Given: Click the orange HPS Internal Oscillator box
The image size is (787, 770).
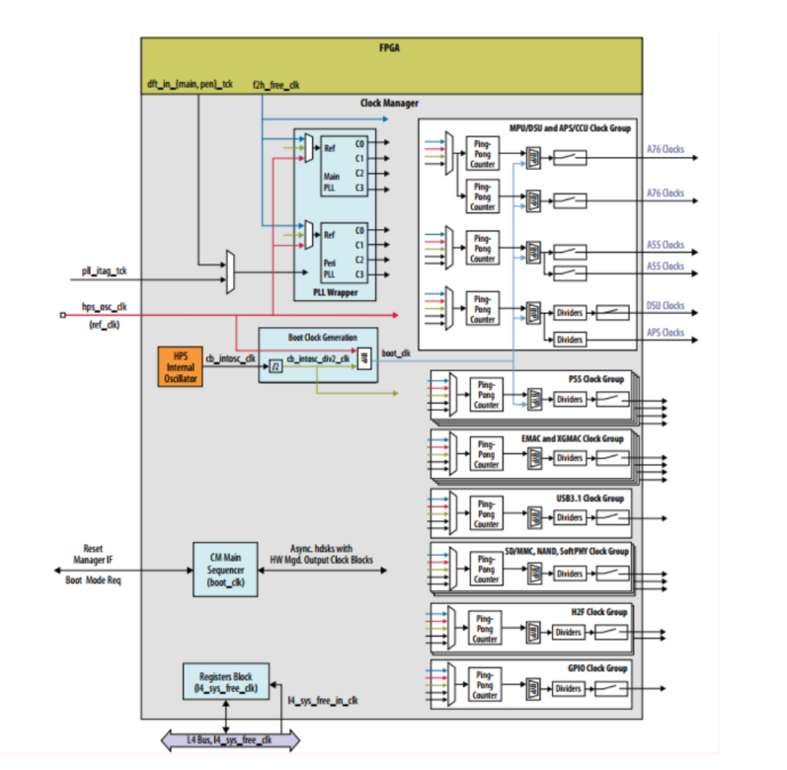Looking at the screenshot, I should pyautogui.click(x=180, y=365).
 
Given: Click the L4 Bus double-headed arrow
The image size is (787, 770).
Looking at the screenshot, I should pyautogui.click(x=230, y=739).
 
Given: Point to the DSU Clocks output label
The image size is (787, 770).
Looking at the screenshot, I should pyautogui.click(x=666, y=306).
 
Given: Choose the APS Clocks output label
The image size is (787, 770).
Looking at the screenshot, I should pyautogui.click(x=666, y=333).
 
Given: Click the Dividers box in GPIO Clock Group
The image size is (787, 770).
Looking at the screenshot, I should pyautogui.click(x=570, y=687).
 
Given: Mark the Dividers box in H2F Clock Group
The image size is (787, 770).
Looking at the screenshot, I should pyautogui.click(x=570, y=632).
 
